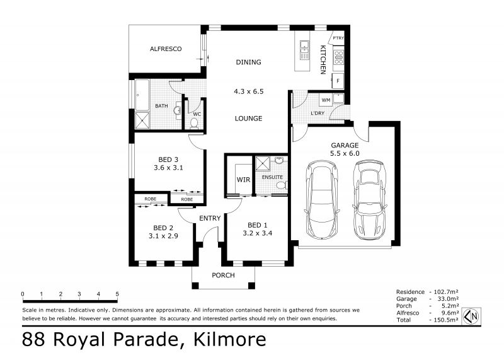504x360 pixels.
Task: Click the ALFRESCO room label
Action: tap(166, 49)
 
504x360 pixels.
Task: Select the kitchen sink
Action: tap(304, 50)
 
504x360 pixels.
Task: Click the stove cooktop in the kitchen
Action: tap(338, 57)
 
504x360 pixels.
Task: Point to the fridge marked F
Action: tap(338, 81)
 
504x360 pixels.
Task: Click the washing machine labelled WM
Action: tap(326, 100)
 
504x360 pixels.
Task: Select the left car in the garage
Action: tap(322, 199)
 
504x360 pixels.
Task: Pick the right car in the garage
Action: tap(369, 200)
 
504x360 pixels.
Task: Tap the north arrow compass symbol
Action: tap(471, 316)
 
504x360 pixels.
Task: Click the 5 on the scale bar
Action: tap(117, 294)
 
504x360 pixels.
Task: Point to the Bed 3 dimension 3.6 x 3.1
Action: tap(168, 168)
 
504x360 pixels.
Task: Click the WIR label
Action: tap(243, 180)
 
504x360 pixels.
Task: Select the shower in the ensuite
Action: tap(263, 163)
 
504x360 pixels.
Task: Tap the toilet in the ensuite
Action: tap(282, 185)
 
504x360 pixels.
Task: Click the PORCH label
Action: tap(223, 276)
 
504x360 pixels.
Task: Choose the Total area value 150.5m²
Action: tap(444, 320)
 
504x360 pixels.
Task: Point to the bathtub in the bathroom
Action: tap(142, 95)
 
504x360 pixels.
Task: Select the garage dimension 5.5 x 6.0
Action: tap(345, 153)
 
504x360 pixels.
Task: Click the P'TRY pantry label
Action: tap(338, 38)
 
